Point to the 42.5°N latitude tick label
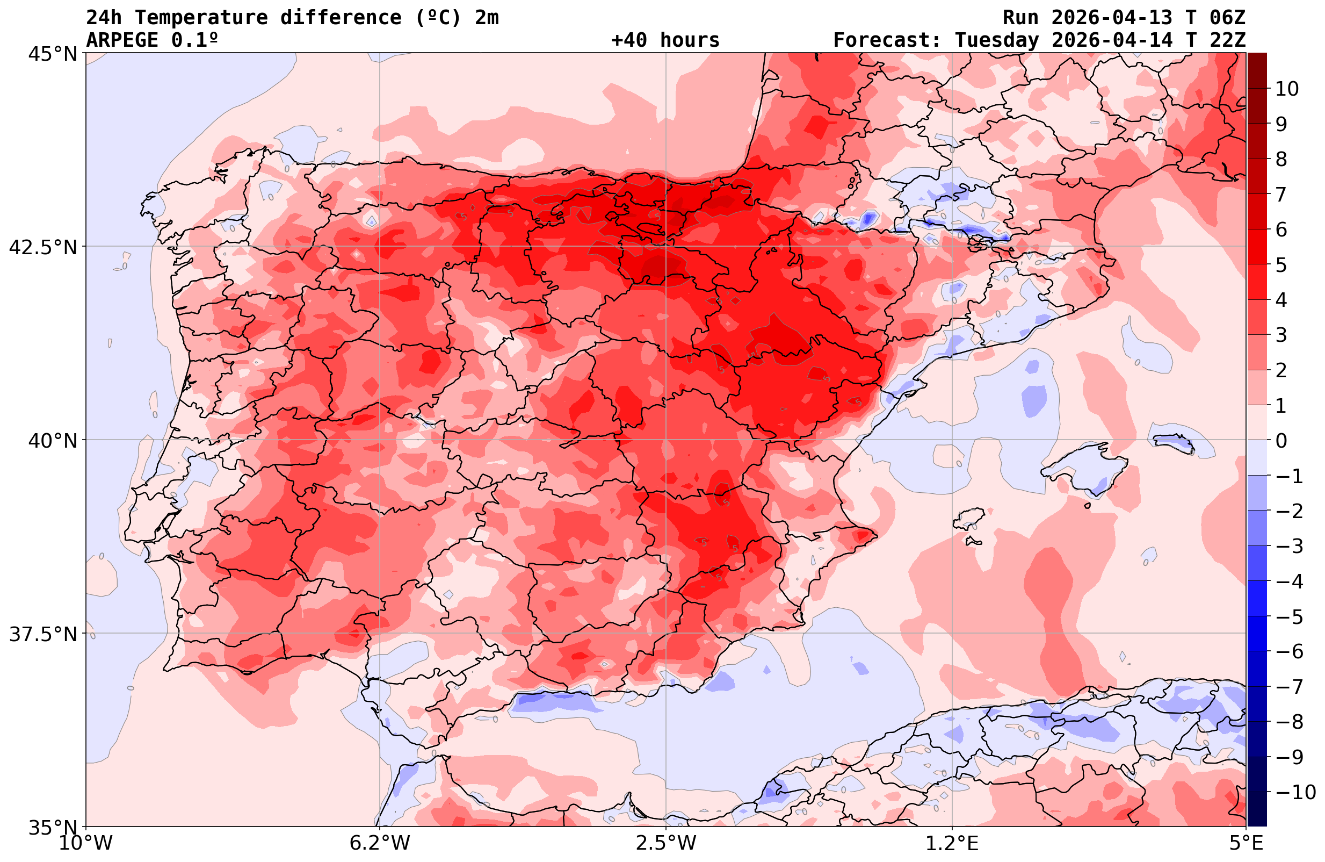(x=42, y=247)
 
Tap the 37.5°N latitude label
(x=42, y=634)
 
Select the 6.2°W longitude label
(x=380, y=843)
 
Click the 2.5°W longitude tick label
(x=666, y=843)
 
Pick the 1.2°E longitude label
(x=952, y=843)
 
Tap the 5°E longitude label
(x=1246, y=843)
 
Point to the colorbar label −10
(x=1295, y=792)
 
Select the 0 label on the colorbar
(x=1281, y=441)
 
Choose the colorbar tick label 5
(x=1281, y=265)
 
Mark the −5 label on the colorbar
(x=1290, y=617)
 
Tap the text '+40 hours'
(x=665, y=40)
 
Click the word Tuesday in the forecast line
(x=996, y=40)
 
